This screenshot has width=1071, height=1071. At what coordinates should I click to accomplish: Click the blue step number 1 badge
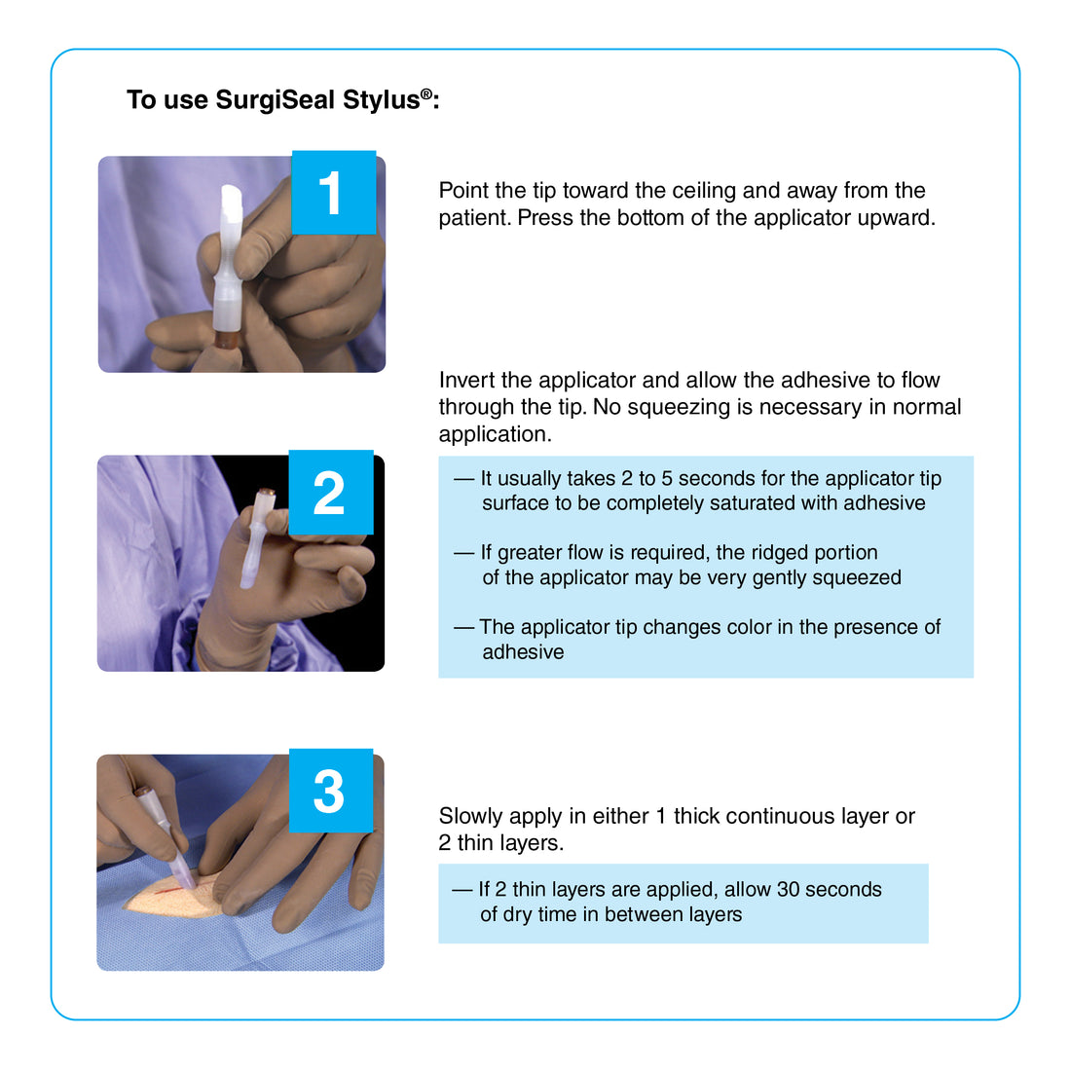point(333,193)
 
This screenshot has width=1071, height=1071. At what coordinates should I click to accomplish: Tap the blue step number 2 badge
point(331,493)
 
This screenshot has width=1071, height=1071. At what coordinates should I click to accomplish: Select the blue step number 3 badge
point(331,791)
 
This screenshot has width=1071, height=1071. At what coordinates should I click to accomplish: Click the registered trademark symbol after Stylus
point(426,94)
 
